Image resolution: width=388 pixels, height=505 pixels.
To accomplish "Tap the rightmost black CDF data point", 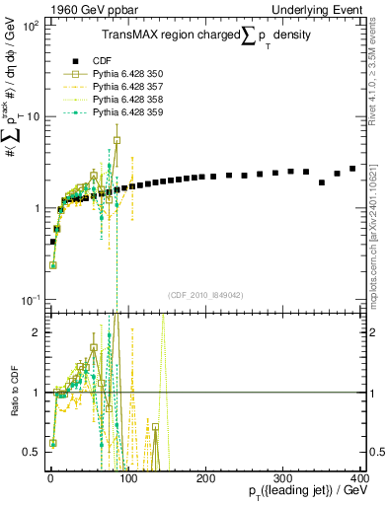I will click(352, 169).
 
